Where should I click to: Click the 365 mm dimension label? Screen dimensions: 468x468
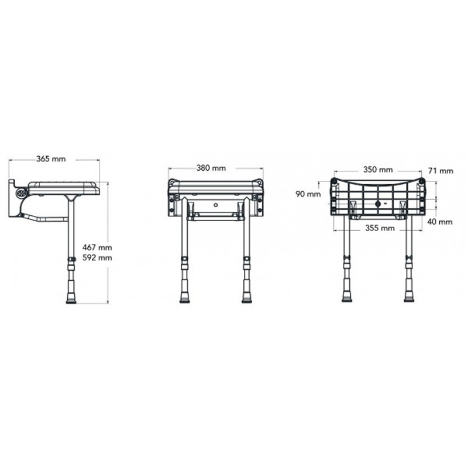(x=51, y=159)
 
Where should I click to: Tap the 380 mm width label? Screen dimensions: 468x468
(x=211, y=168)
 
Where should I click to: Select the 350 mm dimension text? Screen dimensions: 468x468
(x=378, y=170)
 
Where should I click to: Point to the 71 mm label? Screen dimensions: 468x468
(x=441, y=171)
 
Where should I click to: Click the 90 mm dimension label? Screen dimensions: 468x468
(x=308, y=194)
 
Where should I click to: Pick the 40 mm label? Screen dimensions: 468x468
(x=440, y=222)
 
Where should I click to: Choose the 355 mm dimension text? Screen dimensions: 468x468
(x=380, y=228)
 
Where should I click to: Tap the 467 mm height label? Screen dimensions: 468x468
(x=97, y=247)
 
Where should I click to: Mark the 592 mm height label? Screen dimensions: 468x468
(x=97, y=257)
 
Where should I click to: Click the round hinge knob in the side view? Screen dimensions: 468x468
(x=22, y=193)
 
